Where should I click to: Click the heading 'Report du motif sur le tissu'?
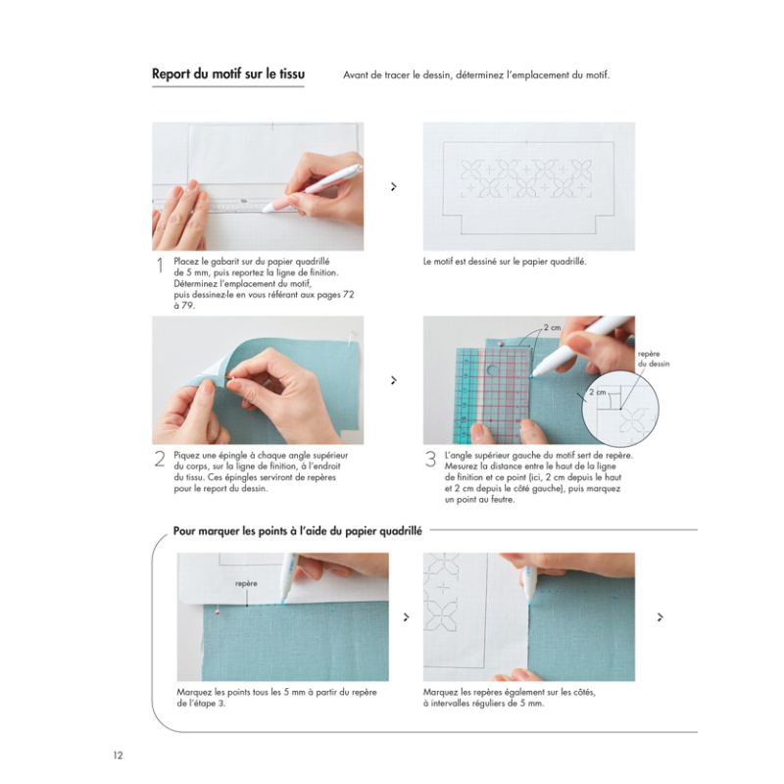(227, 74)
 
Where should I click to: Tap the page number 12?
(118, 755)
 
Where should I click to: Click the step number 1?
(159, 266)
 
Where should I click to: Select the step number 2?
(159, 460)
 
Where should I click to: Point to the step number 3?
(430, 460)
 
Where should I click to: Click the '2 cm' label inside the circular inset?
(598, 391)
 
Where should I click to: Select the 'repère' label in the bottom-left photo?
(246, 583)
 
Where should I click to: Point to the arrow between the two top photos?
(393, 186)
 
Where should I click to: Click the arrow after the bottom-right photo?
(661, 616)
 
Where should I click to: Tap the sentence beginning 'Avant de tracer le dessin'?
(476, 75)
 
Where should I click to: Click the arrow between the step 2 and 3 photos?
(393, 380)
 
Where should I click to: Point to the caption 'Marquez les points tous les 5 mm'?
(277, 697)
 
